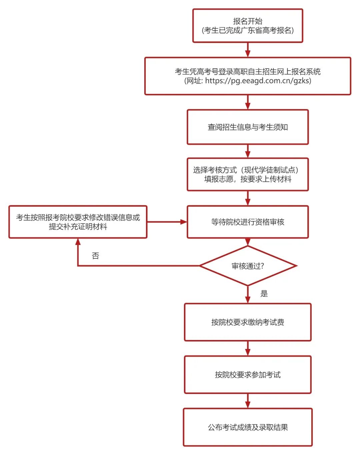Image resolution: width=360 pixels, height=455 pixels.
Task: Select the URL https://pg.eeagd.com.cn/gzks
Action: point(258,81)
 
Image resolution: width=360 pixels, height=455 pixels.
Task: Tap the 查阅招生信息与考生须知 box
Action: point(247,127)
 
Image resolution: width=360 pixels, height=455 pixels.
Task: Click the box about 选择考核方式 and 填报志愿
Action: point(247,174)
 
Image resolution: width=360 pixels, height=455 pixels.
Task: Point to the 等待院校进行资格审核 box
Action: point(247,222)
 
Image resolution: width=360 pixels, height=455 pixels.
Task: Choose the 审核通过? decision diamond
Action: point(247,266)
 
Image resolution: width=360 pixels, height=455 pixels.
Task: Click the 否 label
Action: point(95,256)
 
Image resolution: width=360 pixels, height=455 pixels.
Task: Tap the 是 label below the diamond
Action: point(264,294)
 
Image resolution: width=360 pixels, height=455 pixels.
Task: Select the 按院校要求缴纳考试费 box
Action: point(247,322)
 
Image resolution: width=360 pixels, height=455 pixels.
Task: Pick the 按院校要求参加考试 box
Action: point(247,375)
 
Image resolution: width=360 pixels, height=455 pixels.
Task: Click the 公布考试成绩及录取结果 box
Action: point(247,427)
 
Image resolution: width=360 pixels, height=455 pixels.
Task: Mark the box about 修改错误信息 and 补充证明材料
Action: point(78,222)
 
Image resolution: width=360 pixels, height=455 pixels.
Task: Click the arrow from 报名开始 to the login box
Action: point(247,50)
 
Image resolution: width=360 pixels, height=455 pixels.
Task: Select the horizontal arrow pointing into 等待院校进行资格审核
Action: point(167,222)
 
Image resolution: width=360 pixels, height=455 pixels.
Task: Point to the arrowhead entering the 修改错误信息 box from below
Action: point(78,242)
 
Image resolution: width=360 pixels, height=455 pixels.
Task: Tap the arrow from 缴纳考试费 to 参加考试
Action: point(247,348)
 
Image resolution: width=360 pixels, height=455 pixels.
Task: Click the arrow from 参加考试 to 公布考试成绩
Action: point(247,401)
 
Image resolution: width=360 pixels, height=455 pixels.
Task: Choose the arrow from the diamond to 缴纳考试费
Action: point(247,295)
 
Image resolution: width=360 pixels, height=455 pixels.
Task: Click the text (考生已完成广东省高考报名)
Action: point(247,31)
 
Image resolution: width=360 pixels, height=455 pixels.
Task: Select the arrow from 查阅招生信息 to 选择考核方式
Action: point(247,151)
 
